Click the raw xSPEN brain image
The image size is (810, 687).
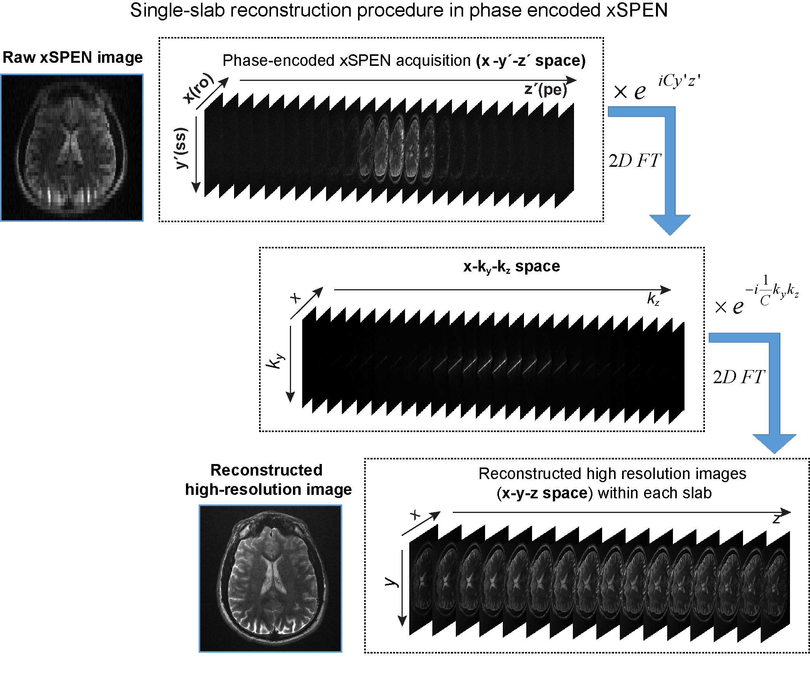point(72,147)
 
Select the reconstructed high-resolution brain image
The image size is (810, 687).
point(270,578)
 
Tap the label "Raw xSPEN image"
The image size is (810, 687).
point(73,57)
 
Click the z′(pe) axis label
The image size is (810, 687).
point(545,90)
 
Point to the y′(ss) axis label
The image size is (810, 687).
point(181,148)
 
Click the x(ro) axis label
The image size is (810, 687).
point(199,89)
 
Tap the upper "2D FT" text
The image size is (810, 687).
point(634,161)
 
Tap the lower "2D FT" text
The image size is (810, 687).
point(738,377)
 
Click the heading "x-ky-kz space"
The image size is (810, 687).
point(512,266)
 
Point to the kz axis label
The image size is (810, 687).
point(653,299)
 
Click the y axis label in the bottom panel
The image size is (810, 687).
point(392,582)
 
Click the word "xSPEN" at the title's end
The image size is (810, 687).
point(637,10)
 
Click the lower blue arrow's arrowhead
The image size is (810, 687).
point(774,443)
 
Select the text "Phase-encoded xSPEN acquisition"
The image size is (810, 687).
point(346,61)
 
